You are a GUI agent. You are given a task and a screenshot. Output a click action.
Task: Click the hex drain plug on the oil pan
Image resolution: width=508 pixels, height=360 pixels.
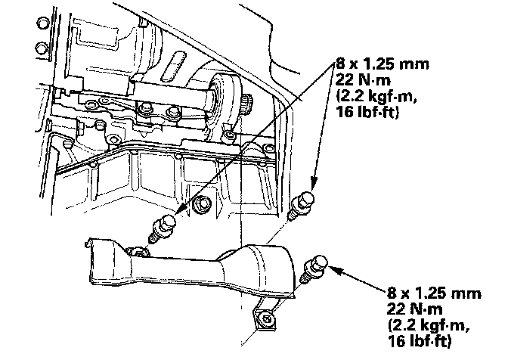tap(200, 205)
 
